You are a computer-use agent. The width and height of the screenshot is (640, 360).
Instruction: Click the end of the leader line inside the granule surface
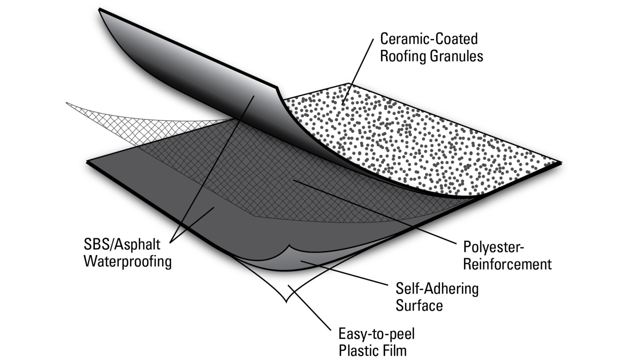click(x=343, y=105)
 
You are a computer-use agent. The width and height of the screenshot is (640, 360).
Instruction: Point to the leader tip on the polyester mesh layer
click(x=293, y=180)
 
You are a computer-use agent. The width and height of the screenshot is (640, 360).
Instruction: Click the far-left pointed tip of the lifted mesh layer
click(x=66, y=103)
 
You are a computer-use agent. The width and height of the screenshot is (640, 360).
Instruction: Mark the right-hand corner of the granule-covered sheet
click(x=562, y=163)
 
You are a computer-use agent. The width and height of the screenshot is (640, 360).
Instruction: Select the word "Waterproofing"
click(x=128, y=261)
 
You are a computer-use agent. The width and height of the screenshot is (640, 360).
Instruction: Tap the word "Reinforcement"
click(x=508, y=264)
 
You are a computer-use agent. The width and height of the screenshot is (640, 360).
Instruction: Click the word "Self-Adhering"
click(x=437, y=289)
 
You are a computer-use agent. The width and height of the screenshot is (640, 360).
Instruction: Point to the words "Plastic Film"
click(x=372, y=350)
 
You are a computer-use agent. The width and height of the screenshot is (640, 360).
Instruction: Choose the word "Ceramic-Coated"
click(x=429, y=39)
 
